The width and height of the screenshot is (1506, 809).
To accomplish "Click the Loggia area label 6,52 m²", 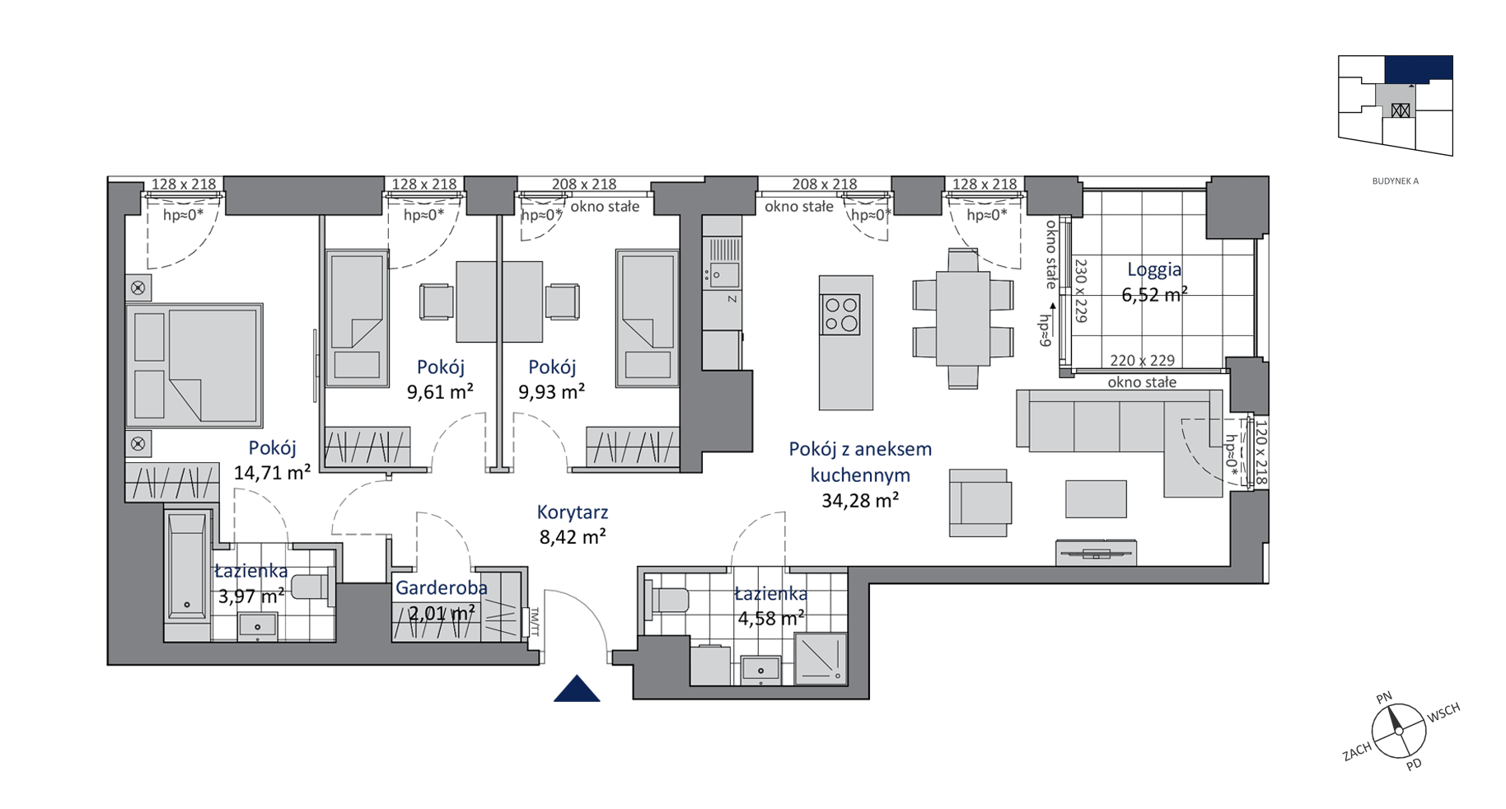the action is (1154, 294).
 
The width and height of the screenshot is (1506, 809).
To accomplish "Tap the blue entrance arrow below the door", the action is (577, 689).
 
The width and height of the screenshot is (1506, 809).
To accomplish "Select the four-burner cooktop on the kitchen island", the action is (840, 315).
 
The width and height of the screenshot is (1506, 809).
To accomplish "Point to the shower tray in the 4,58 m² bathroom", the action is (821, 658).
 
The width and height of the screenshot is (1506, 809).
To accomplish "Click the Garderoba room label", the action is (442, 588).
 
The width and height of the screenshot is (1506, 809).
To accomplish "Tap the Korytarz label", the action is (573, 512).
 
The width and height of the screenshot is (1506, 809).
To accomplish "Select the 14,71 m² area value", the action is (272, 472).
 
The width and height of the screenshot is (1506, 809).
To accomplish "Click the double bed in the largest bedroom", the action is (194, 365).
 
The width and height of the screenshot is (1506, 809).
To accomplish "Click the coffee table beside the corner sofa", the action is (1096, 499).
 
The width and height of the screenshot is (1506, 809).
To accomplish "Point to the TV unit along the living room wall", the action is (1096, 552).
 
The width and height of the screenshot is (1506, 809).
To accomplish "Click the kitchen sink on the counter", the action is (723, 274).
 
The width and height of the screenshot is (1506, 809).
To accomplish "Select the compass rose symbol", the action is (1398, 731).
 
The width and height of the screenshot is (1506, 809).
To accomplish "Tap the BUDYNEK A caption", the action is (1396, 181).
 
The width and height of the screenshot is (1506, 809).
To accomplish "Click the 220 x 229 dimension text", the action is (1142, 360).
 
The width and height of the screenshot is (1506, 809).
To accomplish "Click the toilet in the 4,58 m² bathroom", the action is (667, 598).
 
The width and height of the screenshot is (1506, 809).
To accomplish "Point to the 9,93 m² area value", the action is (551, 391).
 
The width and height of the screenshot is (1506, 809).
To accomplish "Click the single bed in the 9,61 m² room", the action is (357, 318).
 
